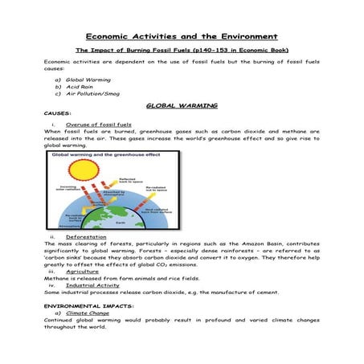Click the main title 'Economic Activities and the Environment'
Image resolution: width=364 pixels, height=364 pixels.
point(182,36)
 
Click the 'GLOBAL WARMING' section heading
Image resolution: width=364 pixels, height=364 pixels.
point(182,105)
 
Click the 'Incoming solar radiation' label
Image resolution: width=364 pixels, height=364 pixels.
point(66,189)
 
